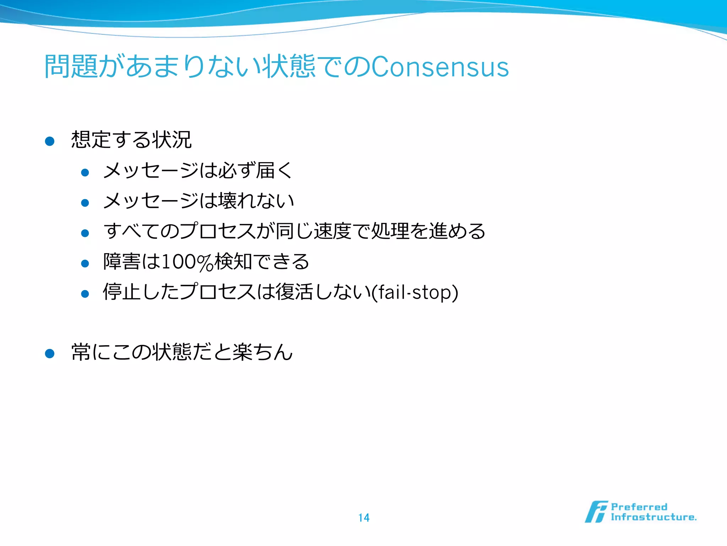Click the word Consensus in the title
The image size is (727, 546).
[440, 67]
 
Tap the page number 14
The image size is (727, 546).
[363, 518]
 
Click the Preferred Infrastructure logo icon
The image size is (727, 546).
[596, 512]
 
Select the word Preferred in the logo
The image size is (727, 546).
[639, 507]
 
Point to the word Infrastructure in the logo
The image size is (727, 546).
[653, 517]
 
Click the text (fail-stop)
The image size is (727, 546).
[415, 292]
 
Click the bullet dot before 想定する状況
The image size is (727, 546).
[50, 141]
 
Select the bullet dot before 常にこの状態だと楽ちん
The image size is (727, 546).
[50, 353]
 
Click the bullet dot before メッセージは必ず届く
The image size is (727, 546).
[85, 173]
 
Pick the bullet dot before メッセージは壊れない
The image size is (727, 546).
[85, 203]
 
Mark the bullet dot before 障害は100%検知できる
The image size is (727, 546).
[85, 263]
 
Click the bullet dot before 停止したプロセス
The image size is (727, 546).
[85, 294]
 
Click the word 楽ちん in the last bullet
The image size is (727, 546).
[263, 352]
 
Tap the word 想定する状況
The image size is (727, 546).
[131, 139]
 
